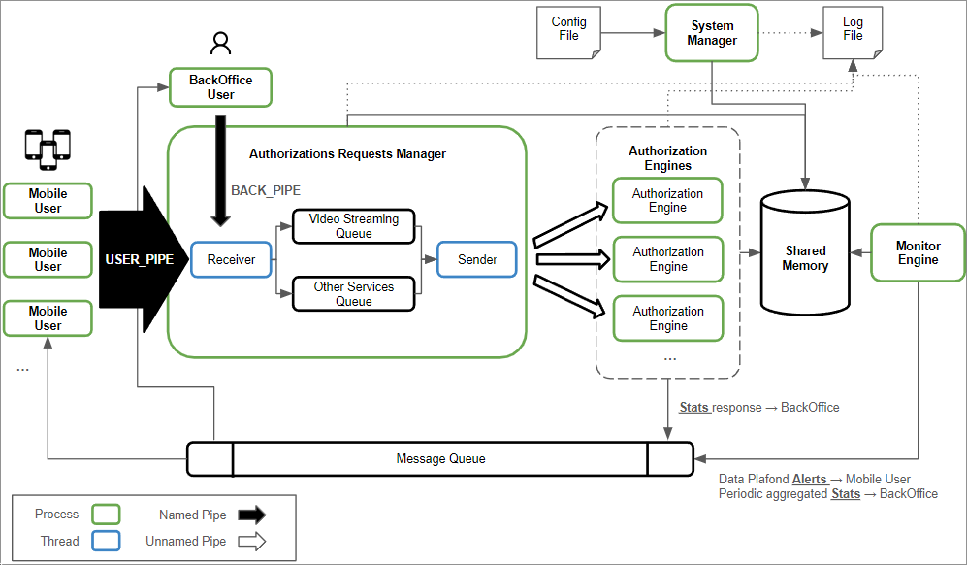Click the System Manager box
click(712, 34)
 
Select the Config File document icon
click(568, 30)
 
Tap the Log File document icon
click(852, 30)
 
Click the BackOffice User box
click(220, 87)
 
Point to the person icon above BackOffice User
click(221, 44)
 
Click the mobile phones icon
click(48, 146)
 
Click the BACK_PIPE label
click(266, 191)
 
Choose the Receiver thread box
click(231, 259)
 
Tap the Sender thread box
click(477, 259)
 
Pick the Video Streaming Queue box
click(353, 226)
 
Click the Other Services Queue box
click(353, 294)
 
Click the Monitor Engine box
click(918, 253)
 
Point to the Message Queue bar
click(440, 459)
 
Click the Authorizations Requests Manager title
click(347, 153)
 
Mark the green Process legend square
click(105, 515)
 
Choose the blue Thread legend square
click(105, 541)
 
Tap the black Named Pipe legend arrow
click(251, 515)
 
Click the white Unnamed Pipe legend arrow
click(251, 541)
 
